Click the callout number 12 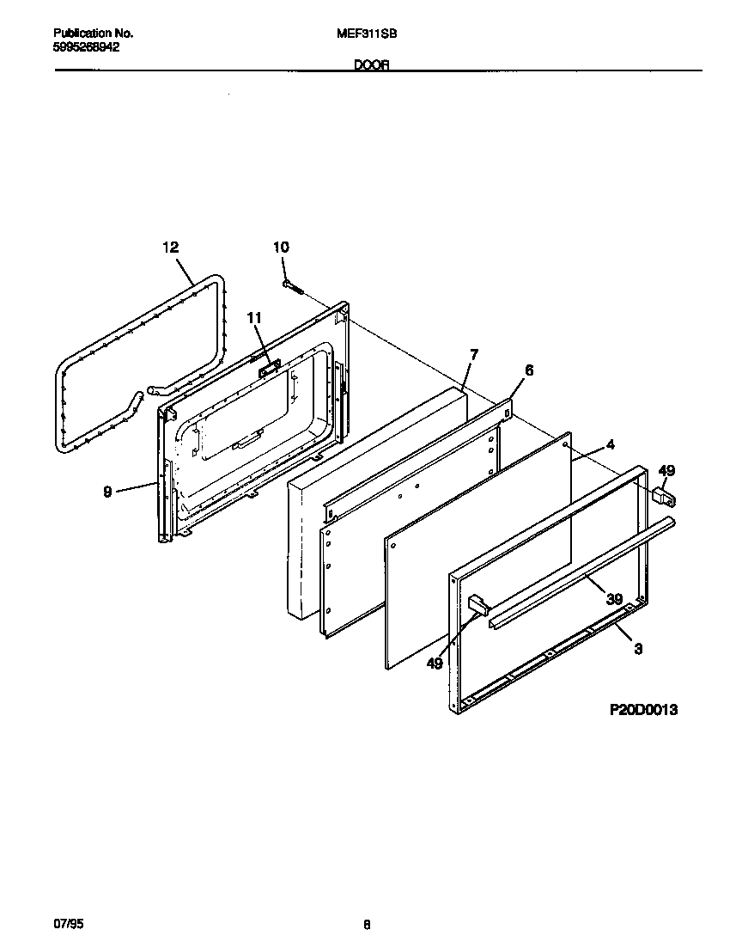point(170,248)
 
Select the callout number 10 point(281,248)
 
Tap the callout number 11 point(253,318)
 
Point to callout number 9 point(107,492)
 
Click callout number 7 point(473,354)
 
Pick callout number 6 point(529,370)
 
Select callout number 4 point(610,444)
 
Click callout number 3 point(638,649)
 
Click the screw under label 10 point(291,286)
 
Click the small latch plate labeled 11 point(268,367)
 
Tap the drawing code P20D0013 point(643,710)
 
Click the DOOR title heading point(371,64)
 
